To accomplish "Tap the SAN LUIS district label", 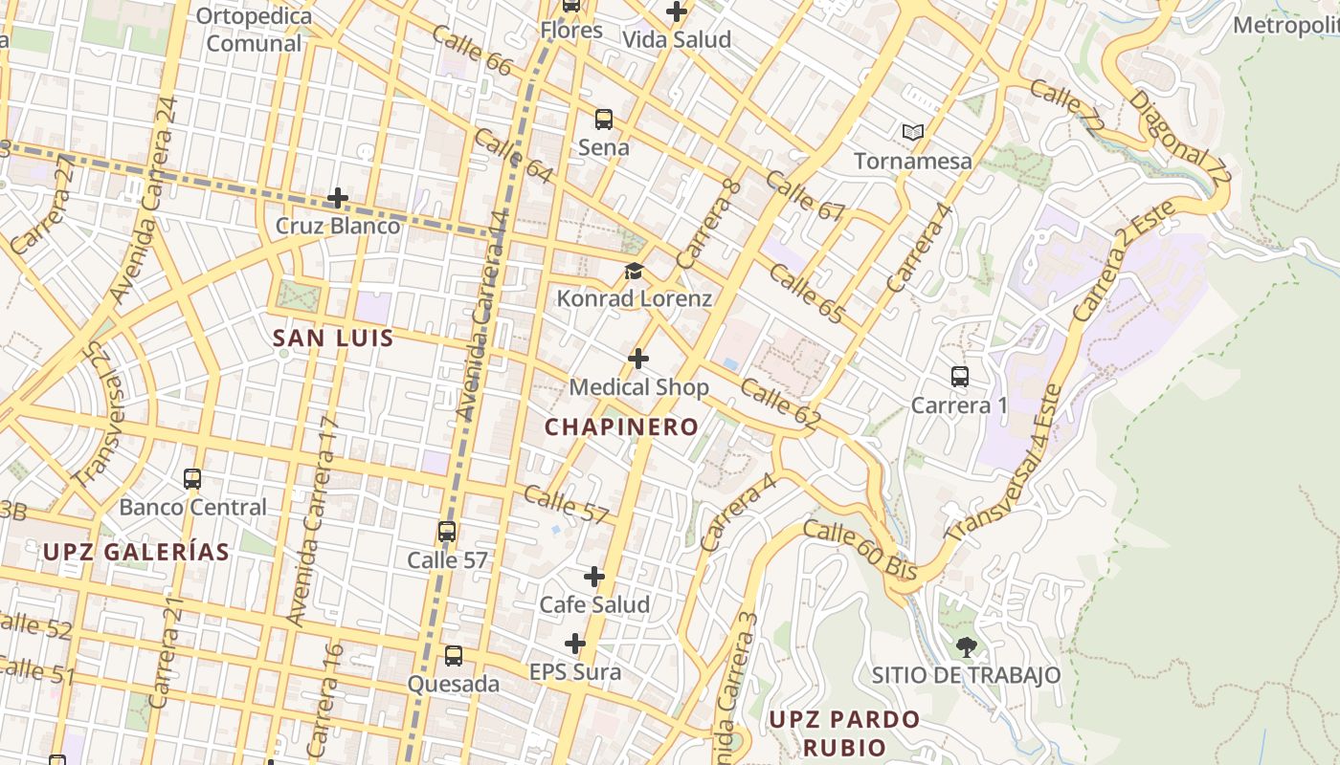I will click(333, 338).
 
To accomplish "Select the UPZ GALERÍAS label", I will click(136, 552).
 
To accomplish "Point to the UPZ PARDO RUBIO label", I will click(844, 732).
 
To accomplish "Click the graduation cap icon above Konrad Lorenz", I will click(634, 272).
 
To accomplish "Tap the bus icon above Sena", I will click(604, 120).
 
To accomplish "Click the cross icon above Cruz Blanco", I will click(337, 199).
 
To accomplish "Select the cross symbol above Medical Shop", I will click(638, 360).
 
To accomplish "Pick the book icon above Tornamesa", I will click(913, 132).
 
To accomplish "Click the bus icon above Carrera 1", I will click(960, 377).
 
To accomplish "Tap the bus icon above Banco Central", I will click(192, 478).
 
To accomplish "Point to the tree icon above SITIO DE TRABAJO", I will click(966, 647).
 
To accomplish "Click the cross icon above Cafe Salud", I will click(594, 577).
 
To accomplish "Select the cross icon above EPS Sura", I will click(575, 644).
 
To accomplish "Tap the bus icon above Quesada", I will click(454, 656).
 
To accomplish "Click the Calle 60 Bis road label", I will click(860, 550).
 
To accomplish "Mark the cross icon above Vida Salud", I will click(677, 12).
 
